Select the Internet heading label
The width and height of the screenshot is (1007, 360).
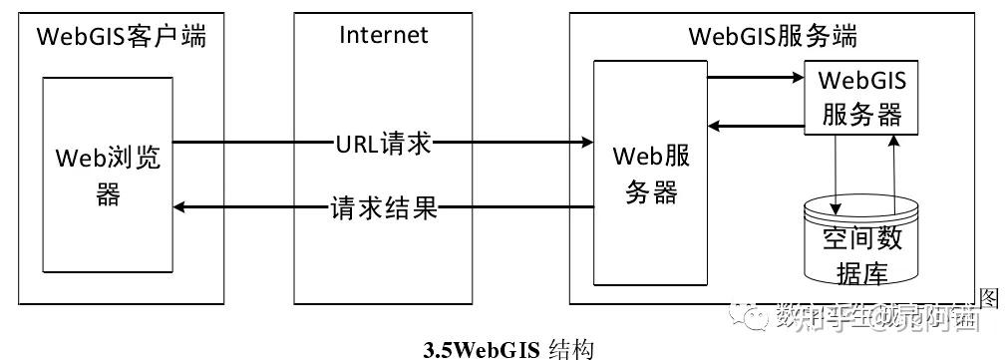click(x=383, y=35)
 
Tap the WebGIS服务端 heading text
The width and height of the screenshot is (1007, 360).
click(x=773, y=37)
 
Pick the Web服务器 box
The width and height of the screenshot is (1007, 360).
click(x=650, y=174)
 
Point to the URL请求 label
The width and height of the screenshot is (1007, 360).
click(x=383, y=143)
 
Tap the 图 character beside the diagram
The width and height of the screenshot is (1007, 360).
click(x=990, y=297)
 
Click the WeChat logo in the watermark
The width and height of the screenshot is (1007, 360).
click(x=755, y=318)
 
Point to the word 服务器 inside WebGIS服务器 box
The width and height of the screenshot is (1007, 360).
click(x=861, y=114)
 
